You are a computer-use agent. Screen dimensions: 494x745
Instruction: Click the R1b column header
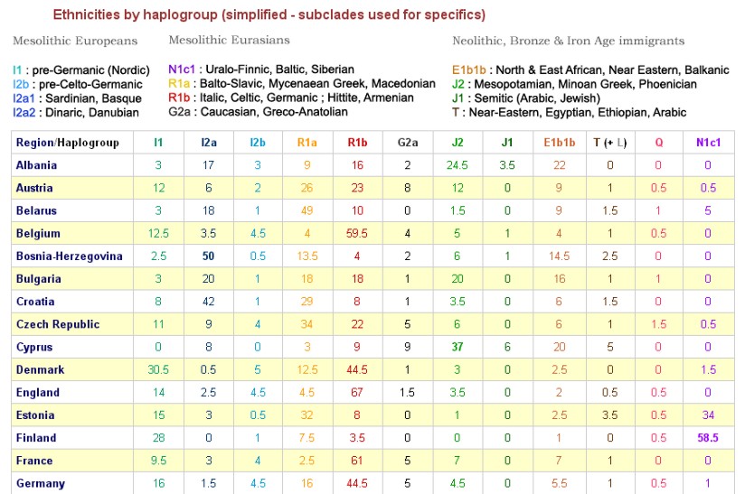(357, 143)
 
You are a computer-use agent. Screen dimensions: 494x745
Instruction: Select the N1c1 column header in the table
(708, 143)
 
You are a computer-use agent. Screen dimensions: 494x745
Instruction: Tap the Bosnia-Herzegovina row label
(69, 256)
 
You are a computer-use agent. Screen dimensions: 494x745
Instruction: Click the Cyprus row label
(34, 348)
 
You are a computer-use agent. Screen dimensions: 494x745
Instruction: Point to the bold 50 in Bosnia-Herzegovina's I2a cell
(208, 256)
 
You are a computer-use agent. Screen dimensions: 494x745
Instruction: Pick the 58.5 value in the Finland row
(708, 438)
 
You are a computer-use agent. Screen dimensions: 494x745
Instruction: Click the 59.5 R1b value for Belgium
(357, 234)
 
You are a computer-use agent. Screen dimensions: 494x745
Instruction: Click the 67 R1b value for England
(357, 393)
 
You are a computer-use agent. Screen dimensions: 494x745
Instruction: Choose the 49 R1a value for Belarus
(307, 210)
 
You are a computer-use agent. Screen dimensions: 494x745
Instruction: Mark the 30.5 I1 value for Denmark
(158, 370)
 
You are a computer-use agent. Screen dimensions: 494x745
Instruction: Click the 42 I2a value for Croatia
(208, 302)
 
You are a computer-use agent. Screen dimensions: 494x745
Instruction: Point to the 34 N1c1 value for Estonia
(708, 415)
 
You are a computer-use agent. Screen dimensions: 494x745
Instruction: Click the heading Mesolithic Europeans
(75, 41)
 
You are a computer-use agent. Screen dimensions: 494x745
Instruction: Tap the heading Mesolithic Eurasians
(229, 41)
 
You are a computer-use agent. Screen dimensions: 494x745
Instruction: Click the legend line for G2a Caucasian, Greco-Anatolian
(258, 113)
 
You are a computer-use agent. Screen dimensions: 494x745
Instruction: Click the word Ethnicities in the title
(83, 14)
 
